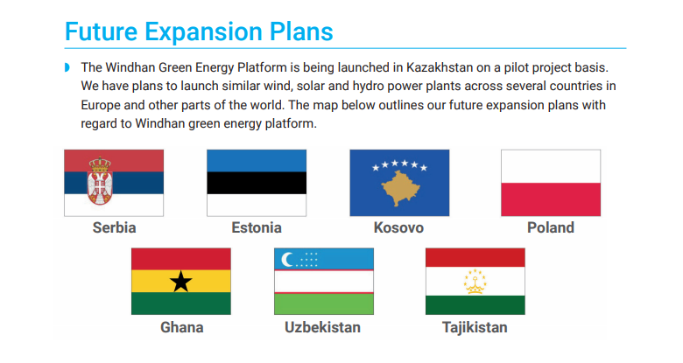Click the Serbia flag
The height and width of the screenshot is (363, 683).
click(114, 183)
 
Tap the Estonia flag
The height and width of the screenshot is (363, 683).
click(257, 183)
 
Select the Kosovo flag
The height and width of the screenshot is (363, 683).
click(399, 183)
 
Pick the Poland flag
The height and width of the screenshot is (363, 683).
click(551, 183)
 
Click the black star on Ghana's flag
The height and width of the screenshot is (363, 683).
click(180, 281)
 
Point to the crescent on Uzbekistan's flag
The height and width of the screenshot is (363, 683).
click(287, 260)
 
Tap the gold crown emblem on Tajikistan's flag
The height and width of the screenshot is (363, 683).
click(475, 282)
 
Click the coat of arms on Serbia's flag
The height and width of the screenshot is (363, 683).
click(100, 181)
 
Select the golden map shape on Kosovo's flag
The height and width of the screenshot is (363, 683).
click(400, 188)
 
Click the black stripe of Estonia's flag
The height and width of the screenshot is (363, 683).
click(257, 183)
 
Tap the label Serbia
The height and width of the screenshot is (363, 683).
click(114, 227)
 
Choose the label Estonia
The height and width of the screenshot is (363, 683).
click(257, 227)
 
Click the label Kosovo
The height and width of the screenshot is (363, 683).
click(398, 227)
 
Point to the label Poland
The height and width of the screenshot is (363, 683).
click(551, 227)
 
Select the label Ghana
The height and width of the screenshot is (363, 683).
click(181, 327)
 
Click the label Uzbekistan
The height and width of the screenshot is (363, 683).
click(322, 327)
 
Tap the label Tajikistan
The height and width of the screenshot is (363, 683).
click(475, 327)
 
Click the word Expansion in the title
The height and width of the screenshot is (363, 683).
click(203, 31)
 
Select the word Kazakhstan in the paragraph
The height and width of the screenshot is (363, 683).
click(440, 67)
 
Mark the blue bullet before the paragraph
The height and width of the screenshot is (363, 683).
click(67, 67)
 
